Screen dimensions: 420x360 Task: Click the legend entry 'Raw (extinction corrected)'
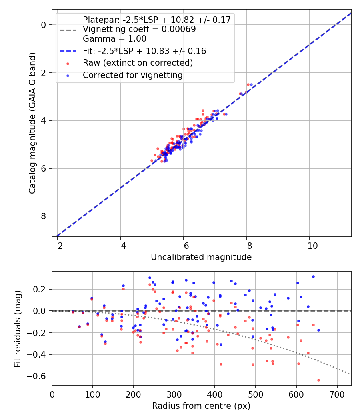[138, 63]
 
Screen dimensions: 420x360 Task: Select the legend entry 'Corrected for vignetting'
[132, 75]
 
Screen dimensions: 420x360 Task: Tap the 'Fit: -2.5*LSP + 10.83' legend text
[144, 51]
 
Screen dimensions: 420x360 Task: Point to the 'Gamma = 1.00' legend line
[114, 39]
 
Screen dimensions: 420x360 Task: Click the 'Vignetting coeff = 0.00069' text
[139, 29]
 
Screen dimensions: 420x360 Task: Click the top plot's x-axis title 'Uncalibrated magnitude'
[201, 257]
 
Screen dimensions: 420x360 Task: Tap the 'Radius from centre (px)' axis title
[201, 406]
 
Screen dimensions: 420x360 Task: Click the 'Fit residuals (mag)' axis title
[18, 328]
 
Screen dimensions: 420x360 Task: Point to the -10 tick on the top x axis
[309, 244]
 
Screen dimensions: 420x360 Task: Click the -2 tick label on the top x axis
[57, 244]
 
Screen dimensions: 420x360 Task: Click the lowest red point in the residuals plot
[318, 380]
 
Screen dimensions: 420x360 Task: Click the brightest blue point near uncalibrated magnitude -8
[251, 84]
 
